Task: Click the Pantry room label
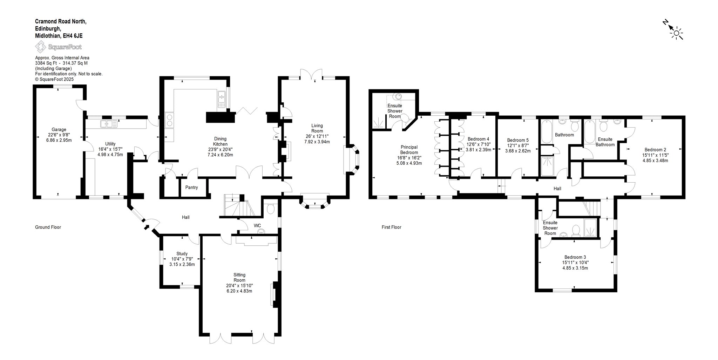(x=191, y=188)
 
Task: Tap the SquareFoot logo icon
(x=40, y=47)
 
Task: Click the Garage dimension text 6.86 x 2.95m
(x=59, y=140)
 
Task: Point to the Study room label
(x=182, y=254)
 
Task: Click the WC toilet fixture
(x=270, y=209)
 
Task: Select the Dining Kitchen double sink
(x=221, y=99)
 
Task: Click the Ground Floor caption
(x=48, y=227)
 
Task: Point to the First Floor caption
(x=391, y=227)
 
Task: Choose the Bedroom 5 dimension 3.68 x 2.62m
(x=518, y=151)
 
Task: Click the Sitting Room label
(x=239, y=277)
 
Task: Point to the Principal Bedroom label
(x=409, y=150)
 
